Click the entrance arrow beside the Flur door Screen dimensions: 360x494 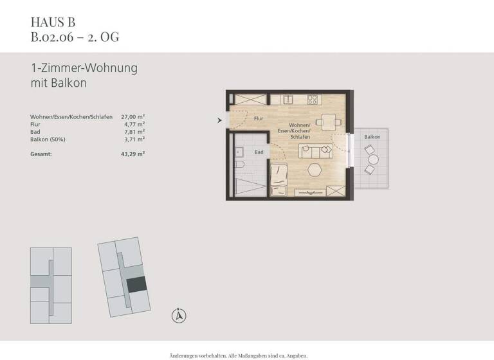[220, 120]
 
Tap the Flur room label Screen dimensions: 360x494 [259, 119]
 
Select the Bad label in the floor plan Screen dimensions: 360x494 [259, 152]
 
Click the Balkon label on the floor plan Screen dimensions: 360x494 [372, 138]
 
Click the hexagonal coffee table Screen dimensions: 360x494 [315, 169]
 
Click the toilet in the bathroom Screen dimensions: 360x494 [239, 166]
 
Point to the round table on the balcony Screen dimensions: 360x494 [371, 160]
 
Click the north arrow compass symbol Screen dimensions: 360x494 [179, 314]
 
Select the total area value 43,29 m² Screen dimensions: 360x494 [133, 154]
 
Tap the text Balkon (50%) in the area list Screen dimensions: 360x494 [48, 139]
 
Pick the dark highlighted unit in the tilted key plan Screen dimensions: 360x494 [136, 286]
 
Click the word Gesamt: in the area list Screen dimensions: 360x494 [41, 154]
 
